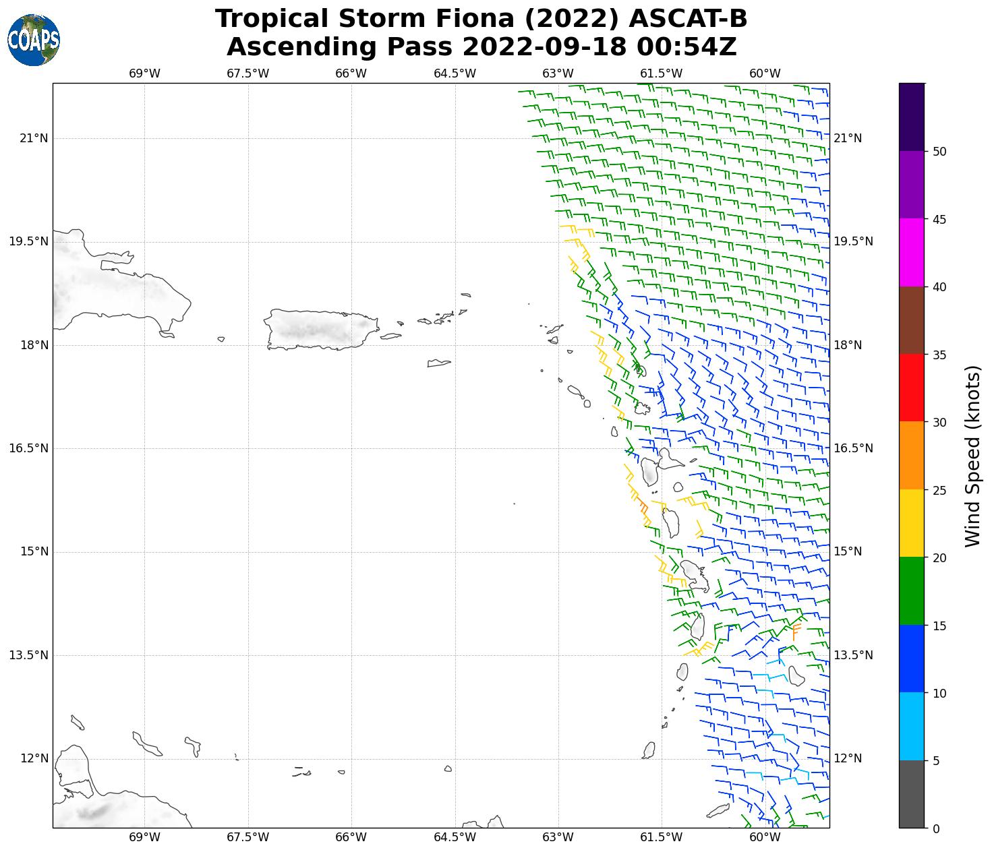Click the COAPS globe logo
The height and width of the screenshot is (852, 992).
[x=34, y=40]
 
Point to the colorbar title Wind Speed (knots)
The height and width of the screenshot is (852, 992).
[x=972, y=456]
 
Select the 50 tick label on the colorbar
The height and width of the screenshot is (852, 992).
[x=939, y=152]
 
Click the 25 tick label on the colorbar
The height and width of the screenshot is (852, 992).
[x=939, y=490]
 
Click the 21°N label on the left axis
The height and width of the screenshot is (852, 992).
[x=34, y=139]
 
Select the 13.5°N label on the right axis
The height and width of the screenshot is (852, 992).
[x=853, y=655]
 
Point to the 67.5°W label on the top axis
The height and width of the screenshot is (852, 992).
[x=247, y=73]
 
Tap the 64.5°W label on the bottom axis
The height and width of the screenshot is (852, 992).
[x=455, y=838]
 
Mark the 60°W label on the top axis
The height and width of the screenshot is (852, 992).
[x=765, y=73]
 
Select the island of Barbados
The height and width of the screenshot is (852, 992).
[x=796, y=675]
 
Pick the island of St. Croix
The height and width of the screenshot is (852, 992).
[x=438, y=363]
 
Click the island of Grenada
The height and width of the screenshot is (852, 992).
[x=649, y=750]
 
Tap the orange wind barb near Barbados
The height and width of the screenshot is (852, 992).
[x=796, y=632]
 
